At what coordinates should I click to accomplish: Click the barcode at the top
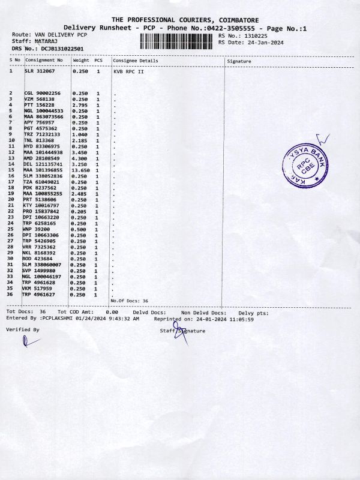177,41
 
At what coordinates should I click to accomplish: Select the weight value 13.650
81,170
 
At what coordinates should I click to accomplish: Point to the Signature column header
239,61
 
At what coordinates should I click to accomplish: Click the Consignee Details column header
136,61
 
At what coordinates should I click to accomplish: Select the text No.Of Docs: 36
130,301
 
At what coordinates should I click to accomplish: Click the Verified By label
22,329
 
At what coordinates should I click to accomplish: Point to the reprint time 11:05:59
242,319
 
